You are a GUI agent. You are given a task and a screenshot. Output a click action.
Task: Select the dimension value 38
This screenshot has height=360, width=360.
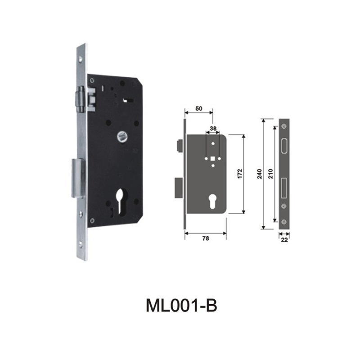tap(213, 128)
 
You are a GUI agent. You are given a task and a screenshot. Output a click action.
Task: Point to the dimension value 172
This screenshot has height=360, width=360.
tap(239, 173)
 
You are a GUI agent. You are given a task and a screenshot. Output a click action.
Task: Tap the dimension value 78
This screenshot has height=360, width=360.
tap(206, 239)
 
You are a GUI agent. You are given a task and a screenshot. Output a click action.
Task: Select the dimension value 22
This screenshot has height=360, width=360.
tap(284, 240)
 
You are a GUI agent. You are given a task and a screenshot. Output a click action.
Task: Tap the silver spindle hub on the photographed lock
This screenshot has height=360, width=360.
tap(121, 135)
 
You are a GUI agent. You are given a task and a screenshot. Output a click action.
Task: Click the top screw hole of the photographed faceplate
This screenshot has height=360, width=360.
tap(81, 58)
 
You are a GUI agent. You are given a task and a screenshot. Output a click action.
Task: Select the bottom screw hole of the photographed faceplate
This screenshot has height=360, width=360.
tap(81, 244)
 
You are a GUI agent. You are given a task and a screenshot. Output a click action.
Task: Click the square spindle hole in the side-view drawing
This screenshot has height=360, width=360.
tap(212, 158)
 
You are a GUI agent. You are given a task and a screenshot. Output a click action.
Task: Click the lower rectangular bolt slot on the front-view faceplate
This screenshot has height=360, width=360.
tap(284, 188)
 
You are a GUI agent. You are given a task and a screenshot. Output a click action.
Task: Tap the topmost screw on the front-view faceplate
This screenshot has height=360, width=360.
tap(284, 126)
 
